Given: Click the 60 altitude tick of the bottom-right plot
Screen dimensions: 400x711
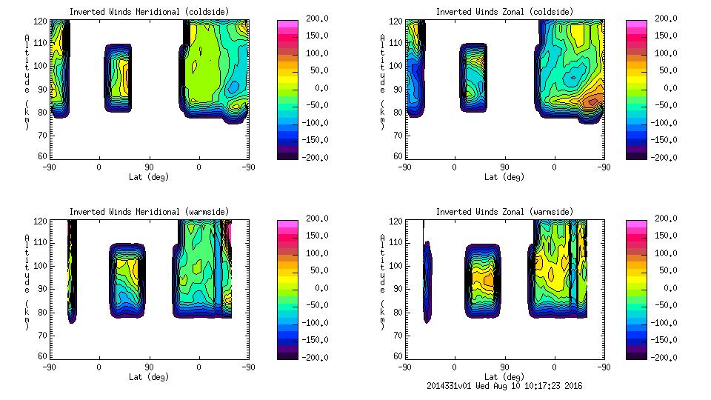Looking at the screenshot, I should coord(391,356).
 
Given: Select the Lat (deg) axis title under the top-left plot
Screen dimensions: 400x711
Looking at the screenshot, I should coord(149,177).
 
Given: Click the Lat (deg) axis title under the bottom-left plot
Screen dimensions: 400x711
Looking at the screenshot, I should coord(149,377).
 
